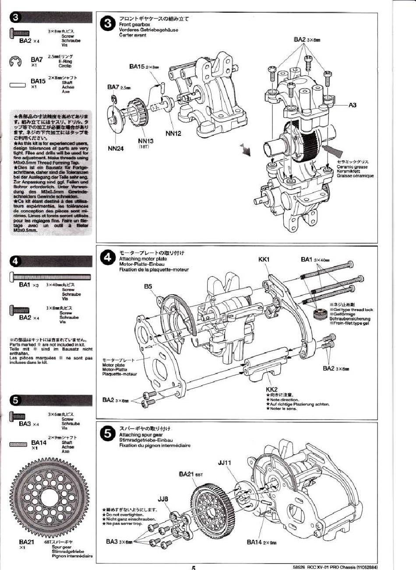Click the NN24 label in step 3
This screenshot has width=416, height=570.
116,148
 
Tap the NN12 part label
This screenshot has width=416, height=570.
173,134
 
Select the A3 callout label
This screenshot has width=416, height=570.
353,105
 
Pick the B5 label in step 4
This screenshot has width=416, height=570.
148,286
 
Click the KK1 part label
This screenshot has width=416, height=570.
264,259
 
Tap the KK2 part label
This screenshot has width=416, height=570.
271,389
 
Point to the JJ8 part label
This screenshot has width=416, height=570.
163,499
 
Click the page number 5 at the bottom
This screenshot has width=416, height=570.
193,567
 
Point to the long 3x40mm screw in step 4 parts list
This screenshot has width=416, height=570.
51,277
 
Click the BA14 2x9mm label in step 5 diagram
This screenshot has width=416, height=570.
261,542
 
